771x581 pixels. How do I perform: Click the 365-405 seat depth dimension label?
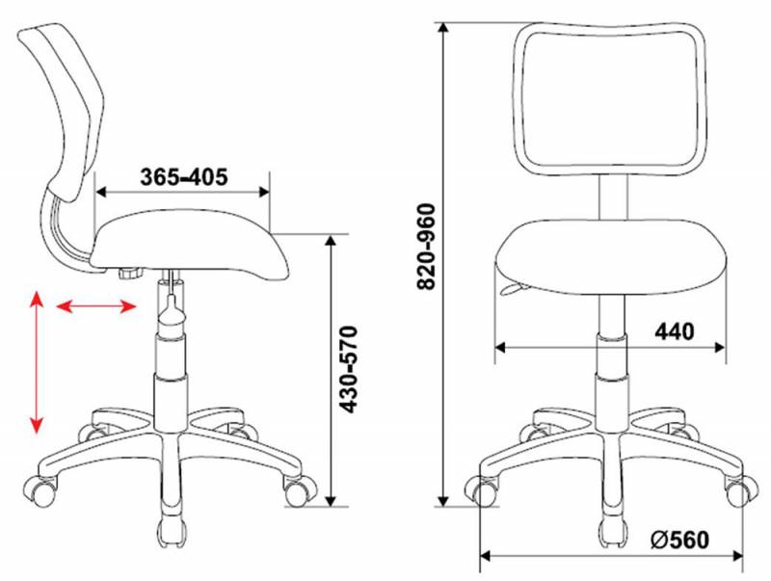coord(184,177)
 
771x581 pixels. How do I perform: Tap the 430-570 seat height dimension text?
coord(349,369)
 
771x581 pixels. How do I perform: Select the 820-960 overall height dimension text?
coord(426,247)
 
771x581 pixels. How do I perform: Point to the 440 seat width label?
coord(674,331)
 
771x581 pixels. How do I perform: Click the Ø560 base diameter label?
coord(680,540)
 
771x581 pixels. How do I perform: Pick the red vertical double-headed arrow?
coord(37,362)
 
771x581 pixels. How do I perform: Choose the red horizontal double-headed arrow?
coord(95,307)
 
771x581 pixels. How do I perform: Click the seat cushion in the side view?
coord(192,246)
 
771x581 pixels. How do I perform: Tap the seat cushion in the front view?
coord(610,257)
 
